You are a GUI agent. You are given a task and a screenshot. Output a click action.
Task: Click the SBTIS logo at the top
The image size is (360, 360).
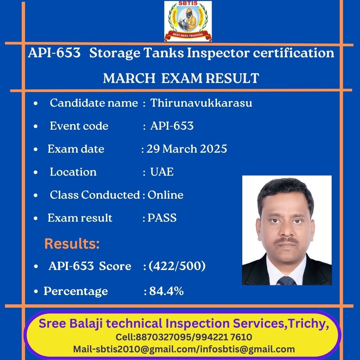click(x=188, y=21)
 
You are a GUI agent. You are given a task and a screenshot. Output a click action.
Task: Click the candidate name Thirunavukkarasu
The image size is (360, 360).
click(x=201, y=103)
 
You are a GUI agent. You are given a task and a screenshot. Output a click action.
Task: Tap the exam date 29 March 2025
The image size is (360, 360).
click(x=187, y=149)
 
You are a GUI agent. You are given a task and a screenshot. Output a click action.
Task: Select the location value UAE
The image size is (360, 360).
click(x=162, y=172)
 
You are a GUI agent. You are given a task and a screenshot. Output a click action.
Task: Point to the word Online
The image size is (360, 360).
click(x=165, y=195)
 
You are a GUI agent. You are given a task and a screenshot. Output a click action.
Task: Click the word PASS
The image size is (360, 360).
click(x=162, y=218)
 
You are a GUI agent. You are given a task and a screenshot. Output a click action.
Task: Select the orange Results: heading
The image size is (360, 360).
click(x=72, y=243)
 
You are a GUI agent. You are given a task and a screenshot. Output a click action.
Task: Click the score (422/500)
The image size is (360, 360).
click(x=177, y=266)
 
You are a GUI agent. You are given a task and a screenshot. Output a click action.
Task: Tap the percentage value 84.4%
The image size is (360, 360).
click(x=166, y=291)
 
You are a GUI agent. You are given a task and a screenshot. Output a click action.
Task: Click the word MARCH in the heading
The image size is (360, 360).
click(x=129, y=78)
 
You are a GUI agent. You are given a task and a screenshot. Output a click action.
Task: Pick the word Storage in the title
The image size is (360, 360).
click(x=115, y=53)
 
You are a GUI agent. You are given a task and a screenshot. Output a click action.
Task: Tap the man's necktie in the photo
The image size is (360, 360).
click(x=287, y=281)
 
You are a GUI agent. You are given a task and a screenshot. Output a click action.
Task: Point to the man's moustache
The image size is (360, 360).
click(x=287, y=241)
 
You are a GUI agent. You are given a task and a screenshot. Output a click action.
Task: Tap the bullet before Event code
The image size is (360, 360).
click(x=36, y=126)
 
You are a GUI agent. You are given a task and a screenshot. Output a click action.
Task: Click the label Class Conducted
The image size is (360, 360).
click(x=95, y=195)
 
